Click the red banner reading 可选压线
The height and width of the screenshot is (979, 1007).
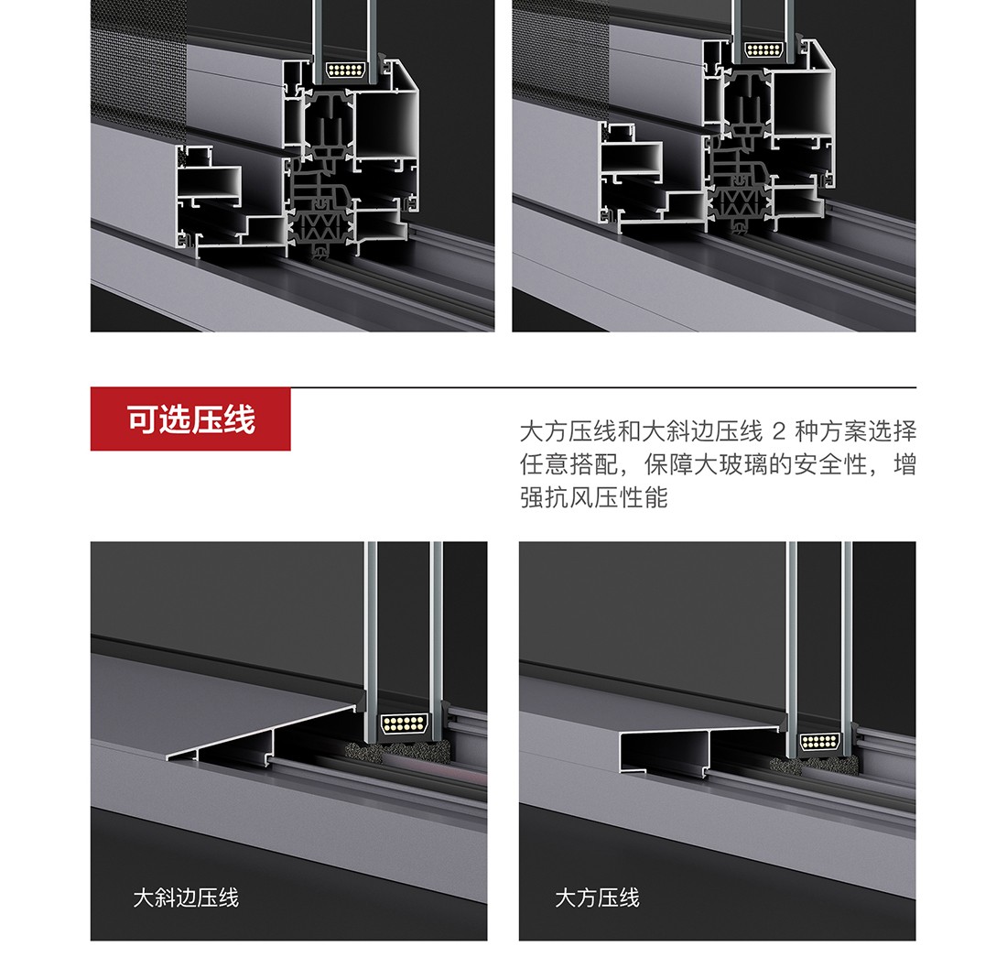[x=190, y=419]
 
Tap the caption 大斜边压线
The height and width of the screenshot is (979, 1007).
[x=186, y=897]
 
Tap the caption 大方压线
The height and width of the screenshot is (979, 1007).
[x=597, y=897]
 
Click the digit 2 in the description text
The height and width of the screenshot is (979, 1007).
[x=779, y=431]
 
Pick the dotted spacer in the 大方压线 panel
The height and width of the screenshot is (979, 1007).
[x=820, y=742]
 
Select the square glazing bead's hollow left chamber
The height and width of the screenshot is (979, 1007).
[x=664, y=752]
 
